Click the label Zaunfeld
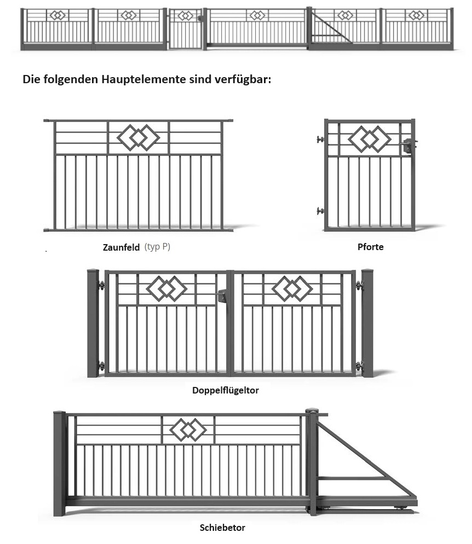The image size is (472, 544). (x=121, y=247)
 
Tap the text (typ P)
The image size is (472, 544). (x=158, y=247)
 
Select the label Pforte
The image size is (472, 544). (x=371, y=247)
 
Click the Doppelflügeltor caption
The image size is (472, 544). (x=226, y=390)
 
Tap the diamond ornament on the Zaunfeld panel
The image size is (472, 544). (x=139, y=137)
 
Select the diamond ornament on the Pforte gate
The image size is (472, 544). (x=370, y=139)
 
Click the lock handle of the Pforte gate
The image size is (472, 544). (x=408, y=146)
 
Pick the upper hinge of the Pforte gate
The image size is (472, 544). (x=320, y=140)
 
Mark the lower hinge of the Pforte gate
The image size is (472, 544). (x=320, y=211)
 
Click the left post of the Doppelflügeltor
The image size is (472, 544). (x=93, y=323)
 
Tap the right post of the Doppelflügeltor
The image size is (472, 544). (x=367, y=323)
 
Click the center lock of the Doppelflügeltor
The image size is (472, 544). (x=222, y=296)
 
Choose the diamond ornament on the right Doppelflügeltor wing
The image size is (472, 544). (x=292, y=288)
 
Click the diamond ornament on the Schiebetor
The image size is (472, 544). (x=188, y=430)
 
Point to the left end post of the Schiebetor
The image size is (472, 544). (x=59, y=463)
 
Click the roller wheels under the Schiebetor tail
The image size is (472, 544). (x=402, y=509)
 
